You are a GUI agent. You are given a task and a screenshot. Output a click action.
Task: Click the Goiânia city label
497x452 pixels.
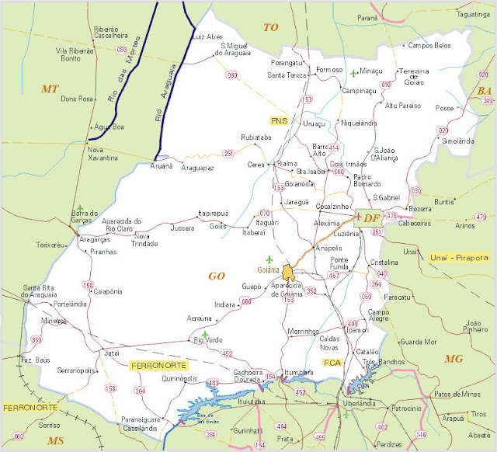[268, 270]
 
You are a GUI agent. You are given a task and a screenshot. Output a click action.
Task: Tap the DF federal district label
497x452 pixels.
[370, 218]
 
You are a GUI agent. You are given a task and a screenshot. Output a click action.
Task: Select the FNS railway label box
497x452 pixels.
[280, 120]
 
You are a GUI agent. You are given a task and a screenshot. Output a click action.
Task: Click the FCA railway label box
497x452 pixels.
[332, 363]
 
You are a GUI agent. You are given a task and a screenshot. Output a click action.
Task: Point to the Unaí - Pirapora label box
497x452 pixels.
[458, 257]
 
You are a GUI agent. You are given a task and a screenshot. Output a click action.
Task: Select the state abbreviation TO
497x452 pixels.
[270, 27]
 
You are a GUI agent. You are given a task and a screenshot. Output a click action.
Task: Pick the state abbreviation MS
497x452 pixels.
[55, 440]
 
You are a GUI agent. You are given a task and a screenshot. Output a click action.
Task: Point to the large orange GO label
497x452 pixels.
[216, 276]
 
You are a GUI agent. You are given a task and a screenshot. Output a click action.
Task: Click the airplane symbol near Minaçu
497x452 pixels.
[354, 74]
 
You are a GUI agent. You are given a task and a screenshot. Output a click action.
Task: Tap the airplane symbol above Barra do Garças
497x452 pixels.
[79, 209]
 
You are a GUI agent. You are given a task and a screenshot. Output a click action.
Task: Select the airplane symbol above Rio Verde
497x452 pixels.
[205, 334]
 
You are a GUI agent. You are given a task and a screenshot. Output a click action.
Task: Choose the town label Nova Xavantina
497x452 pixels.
[103, 153]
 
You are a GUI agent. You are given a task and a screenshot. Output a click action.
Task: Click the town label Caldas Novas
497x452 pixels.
[335, 342]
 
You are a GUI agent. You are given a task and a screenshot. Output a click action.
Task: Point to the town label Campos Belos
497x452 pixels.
[430, 45]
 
